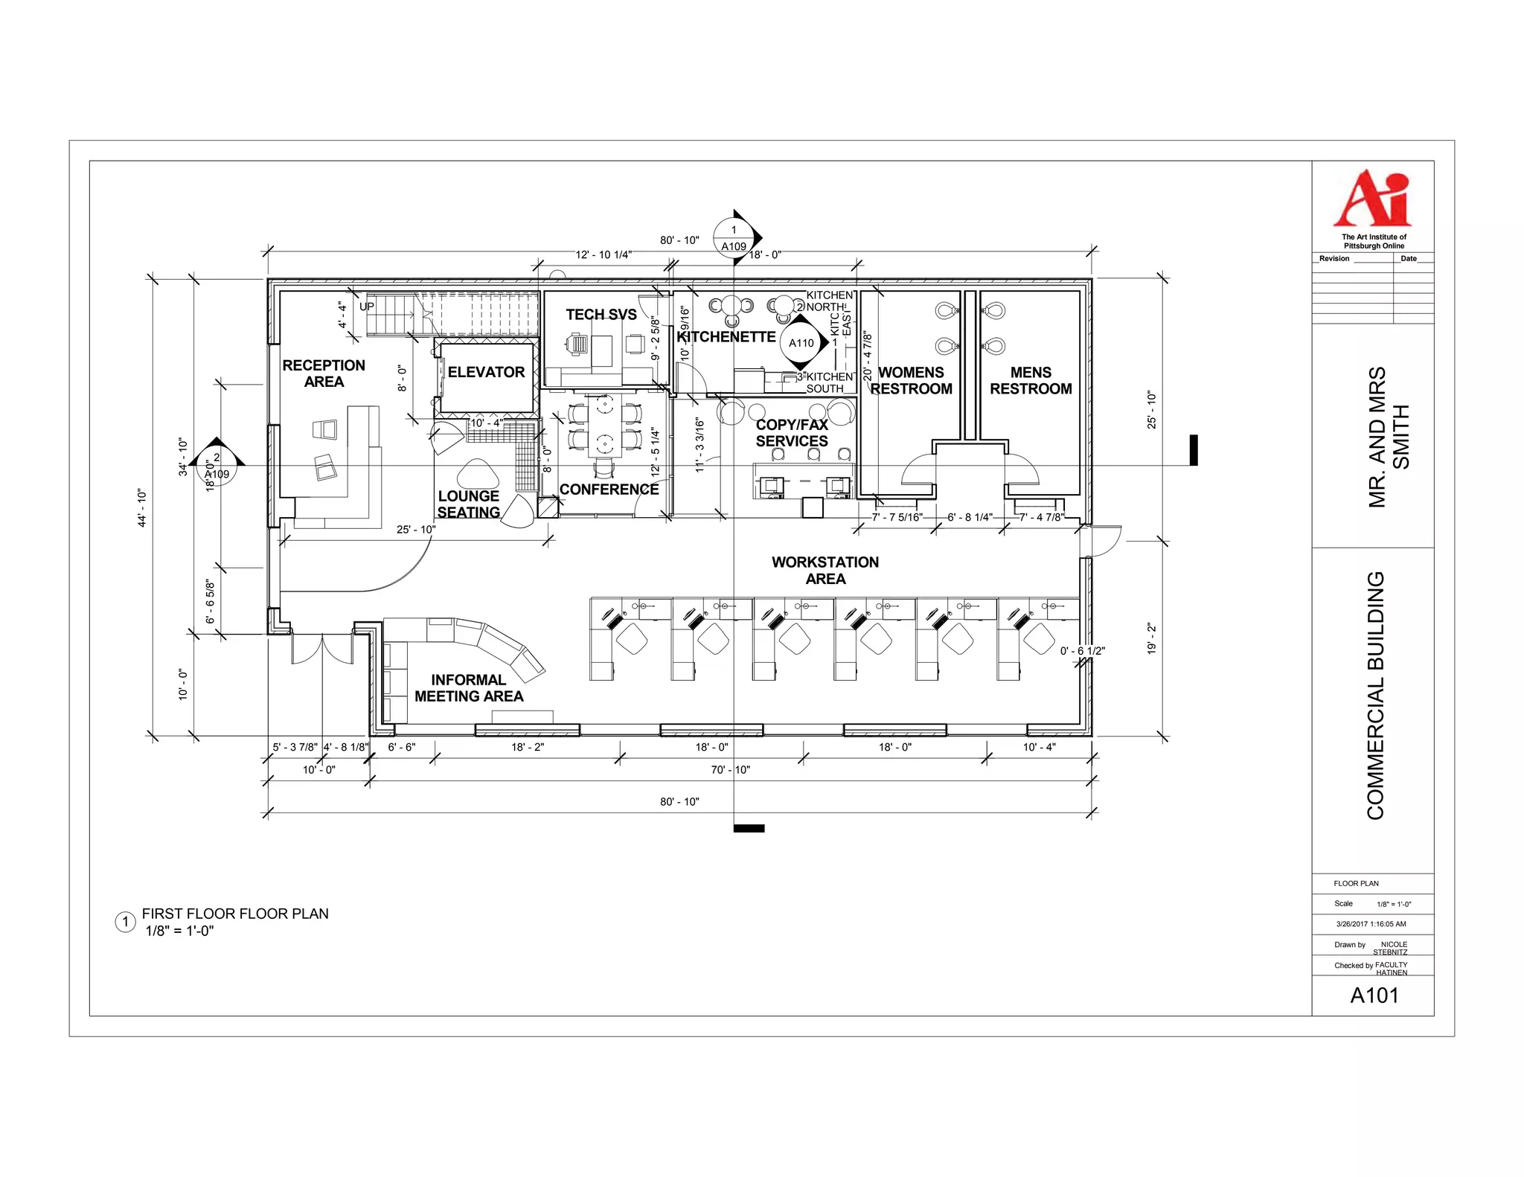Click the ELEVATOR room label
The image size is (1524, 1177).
(x=486, y=372)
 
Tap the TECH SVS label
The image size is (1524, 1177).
(x=601, y=315)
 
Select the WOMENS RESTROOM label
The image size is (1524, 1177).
(x=911, y=380)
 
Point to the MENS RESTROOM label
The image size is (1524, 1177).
(x=1031, y=380)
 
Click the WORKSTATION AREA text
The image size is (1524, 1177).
(x=825, y=571)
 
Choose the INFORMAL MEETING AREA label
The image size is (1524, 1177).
(x=469, y=688)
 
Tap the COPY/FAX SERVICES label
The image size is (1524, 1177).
(x=792, y=433)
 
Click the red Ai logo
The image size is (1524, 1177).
(x=1372, y=198)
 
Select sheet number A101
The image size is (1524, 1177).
(x=1374, y=995)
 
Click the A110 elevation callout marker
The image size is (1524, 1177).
(x=801, y=343)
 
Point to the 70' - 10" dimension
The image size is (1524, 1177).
(x=730, y=770)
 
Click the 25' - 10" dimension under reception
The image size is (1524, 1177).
(x=416, y=530)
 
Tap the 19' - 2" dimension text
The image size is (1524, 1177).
(x=1152, y=638)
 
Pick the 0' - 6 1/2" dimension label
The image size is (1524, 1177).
(x=1082, y=651)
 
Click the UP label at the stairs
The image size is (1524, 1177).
(x=367, y=307)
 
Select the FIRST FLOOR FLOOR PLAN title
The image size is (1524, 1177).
(x=235, y=914)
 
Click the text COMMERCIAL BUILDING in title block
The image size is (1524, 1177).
(x=1375, y=696)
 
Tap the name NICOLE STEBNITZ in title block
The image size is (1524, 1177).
(x=1389, y=948)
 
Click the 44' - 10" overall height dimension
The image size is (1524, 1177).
(x=142, y=508)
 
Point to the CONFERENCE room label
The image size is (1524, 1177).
(x=609, y=490)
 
